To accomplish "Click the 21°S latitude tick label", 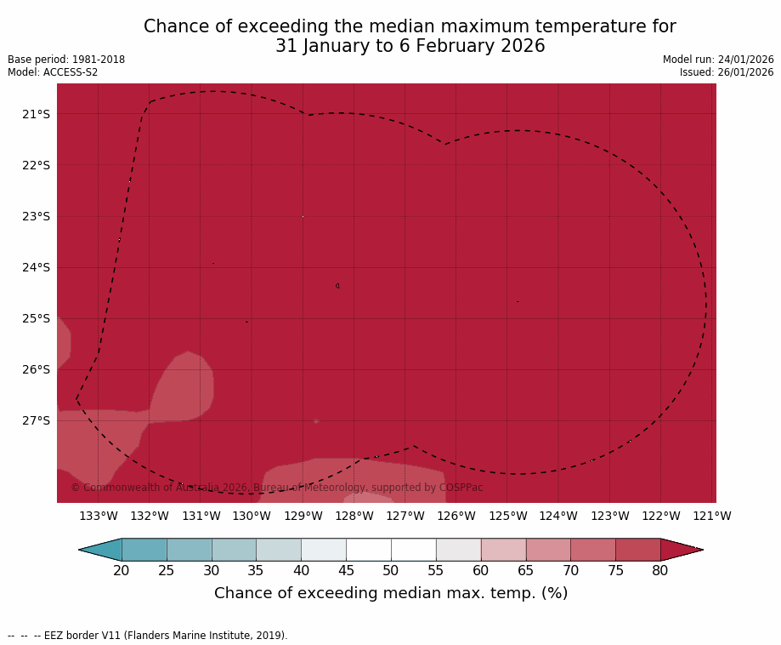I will [36, 114].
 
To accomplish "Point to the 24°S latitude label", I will [36, 267].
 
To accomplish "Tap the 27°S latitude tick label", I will [36, 420].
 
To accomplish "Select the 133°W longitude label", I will [99, 516].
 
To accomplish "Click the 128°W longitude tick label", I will [354, 516].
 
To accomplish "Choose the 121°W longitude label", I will [712, 516].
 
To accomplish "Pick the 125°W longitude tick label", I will [507, 516].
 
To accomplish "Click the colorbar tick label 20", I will [122, 570].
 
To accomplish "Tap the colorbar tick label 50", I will [391, 570].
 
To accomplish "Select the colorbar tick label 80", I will [660, 570].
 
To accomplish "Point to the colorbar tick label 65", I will [525, 570].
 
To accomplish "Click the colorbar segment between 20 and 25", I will [144, 550].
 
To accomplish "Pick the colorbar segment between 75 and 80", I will [637, 550].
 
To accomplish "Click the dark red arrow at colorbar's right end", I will [680, 550].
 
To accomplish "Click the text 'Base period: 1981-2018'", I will [66, 60].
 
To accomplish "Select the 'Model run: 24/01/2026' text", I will [718, 60].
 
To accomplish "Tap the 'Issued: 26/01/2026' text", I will [727, 72].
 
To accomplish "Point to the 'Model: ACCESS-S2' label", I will [53, 72].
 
